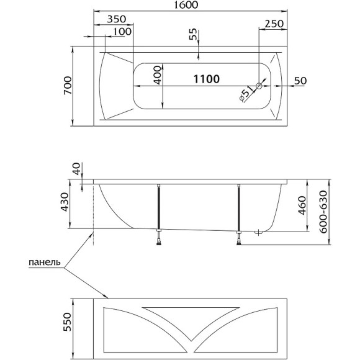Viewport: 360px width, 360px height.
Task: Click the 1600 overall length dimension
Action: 186,5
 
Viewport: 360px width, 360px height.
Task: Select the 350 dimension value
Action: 117,19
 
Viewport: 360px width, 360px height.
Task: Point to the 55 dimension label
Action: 193,34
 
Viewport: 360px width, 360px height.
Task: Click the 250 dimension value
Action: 274,24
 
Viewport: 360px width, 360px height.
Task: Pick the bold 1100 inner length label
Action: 207,79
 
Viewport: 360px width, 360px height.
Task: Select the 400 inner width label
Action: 158,75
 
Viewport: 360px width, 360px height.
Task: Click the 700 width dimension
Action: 68,86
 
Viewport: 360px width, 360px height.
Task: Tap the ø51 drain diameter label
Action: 246,93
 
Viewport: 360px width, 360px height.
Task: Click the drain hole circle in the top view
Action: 259,86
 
